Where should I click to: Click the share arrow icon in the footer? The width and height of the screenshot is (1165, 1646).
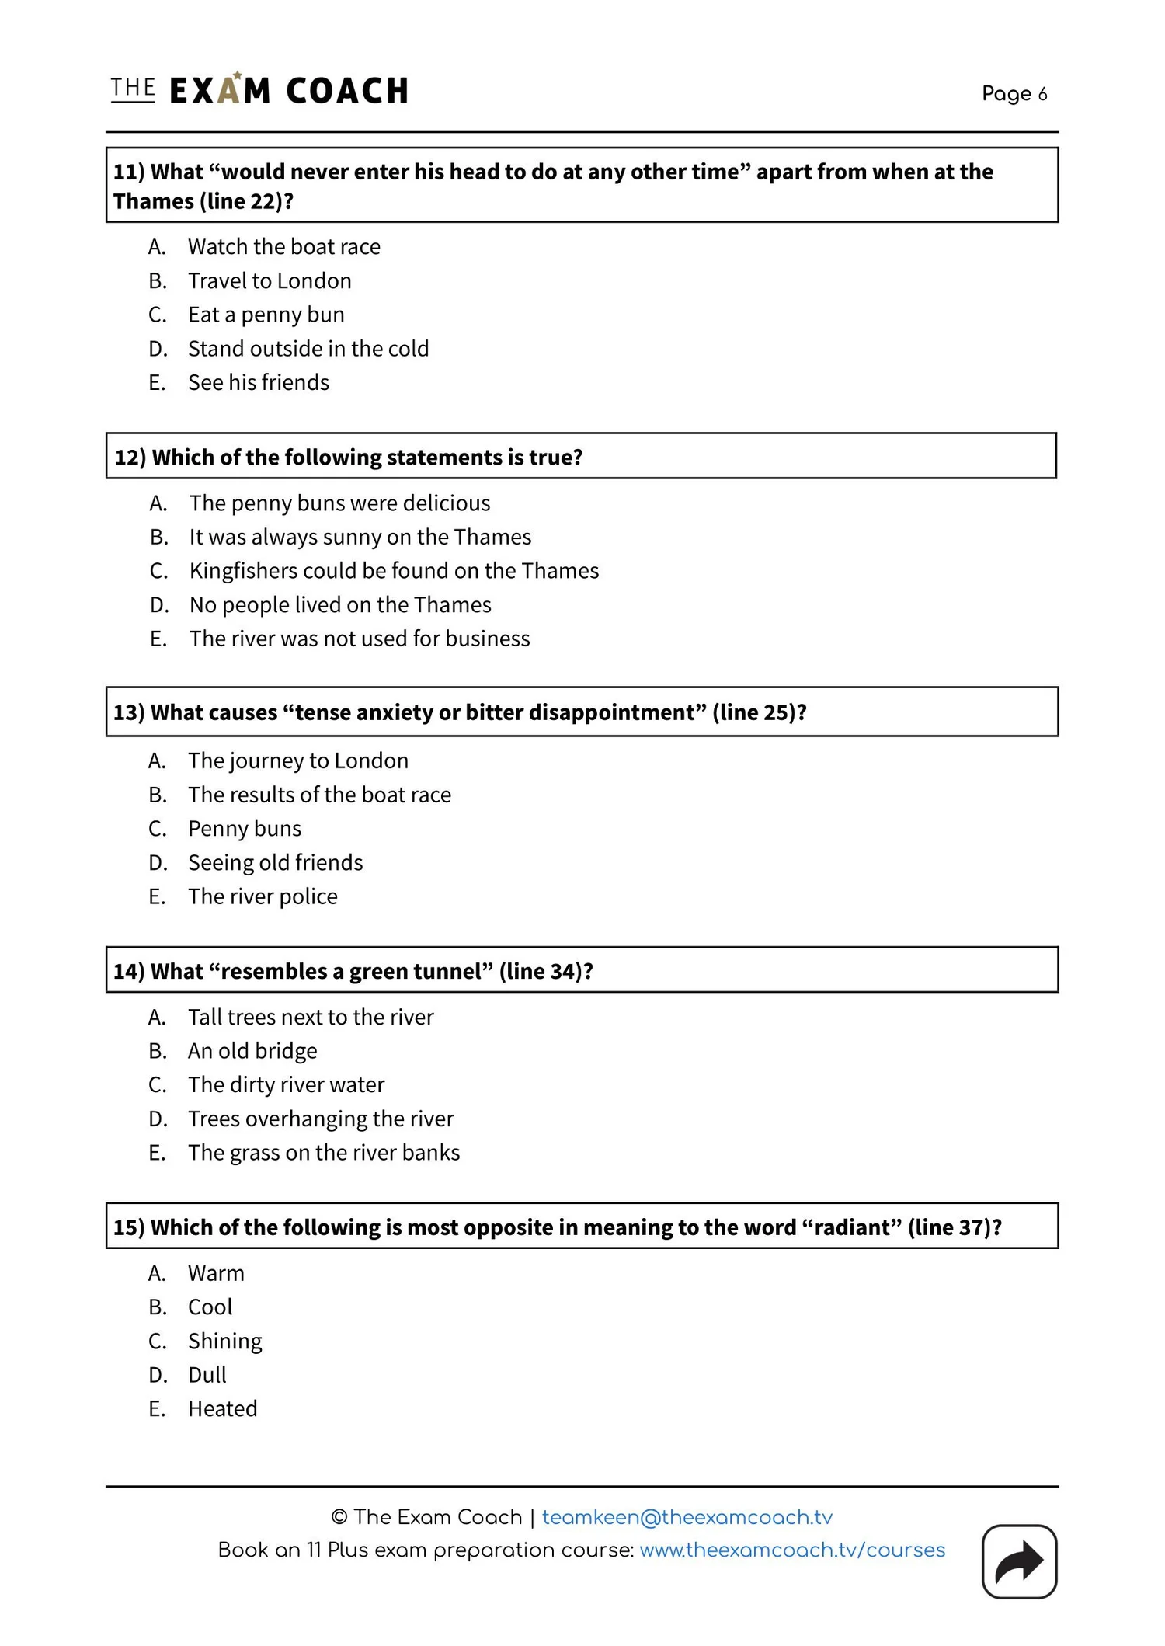point(1019,1561)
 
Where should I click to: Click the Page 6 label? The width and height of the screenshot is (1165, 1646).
point(1014,94)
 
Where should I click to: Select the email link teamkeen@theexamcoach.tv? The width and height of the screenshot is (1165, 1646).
point(687,1517)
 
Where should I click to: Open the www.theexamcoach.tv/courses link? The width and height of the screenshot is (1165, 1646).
point(792,1550)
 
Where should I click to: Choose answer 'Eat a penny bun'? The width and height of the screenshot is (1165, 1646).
point(266,315)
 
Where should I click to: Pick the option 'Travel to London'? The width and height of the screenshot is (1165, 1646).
point(270,280)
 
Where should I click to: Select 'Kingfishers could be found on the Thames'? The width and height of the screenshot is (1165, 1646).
point(394,571)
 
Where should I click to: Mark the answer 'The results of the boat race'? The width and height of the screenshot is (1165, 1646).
point(319,795)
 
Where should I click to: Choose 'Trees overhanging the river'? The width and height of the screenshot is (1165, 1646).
point(321,1119)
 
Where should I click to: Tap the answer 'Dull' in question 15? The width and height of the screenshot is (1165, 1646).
point(207,1375)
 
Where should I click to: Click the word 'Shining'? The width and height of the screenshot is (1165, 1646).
point(225,1341)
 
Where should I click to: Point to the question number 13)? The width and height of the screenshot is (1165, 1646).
point(129,712)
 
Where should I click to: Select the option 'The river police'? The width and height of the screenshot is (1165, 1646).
point(263,896)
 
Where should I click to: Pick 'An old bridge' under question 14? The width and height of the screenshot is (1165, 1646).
point(252,1051)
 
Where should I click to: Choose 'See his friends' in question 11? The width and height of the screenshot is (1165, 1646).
point(259,382)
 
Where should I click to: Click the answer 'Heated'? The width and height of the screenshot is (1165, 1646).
point(222,1408)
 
